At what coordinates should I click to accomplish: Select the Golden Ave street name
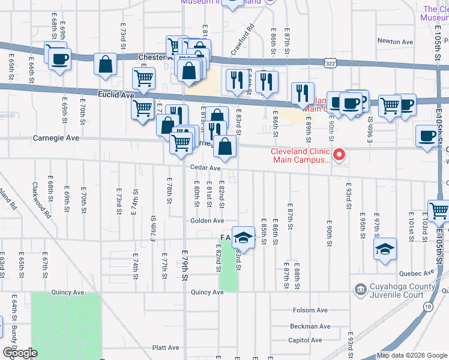207,221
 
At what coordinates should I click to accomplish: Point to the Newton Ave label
395,42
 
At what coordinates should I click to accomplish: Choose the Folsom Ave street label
310,310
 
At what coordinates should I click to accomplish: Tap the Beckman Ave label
310,327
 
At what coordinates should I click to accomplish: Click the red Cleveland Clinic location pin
339,155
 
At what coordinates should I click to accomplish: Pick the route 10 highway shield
427,307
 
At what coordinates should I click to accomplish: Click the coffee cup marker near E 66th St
59,59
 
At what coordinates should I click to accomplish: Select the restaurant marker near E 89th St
303,93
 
